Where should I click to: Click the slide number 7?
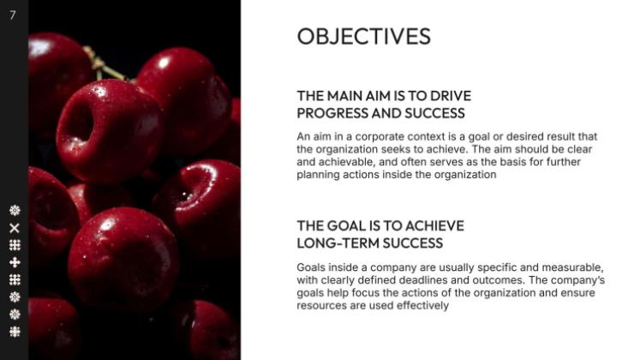[13, 15]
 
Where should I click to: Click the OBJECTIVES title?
[363, 36]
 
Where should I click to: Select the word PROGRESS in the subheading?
[326, 113]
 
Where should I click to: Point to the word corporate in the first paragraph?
[380, 137]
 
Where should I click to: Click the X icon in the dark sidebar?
[15, 228]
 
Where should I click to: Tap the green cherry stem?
[103, 65]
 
